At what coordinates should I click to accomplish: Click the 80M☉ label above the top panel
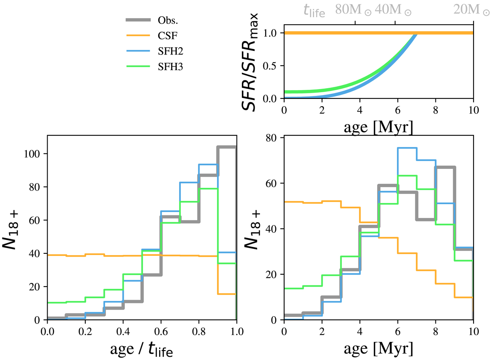[353, 10]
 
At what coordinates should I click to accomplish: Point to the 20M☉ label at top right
[471, 10]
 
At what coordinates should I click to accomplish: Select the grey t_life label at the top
[314, 10]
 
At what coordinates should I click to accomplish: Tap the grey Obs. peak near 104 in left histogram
[227, 147]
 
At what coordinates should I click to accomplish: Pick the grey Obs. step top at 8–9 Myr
[445, 167]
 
